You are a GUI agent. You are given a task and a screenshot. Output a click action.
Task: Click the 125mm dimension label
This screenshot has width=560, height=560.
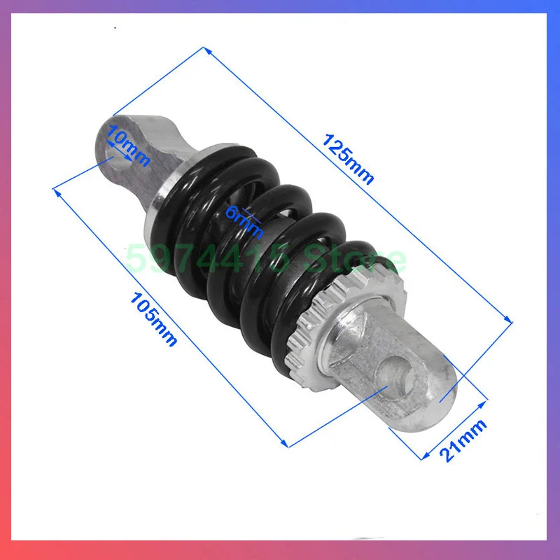click(x=348, y=159)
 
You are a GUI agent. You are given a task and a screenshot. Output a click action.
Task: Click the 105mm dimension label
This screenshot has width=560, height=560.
click(x=154, y=319)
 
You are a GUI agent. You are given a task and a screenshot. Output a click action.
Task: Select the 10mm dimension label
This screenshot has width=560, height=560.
click(x=129, y=148)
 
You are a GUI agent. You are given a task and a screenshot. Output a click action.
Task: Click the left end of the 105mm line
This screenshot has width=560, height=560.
click(x=54, y=187)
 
